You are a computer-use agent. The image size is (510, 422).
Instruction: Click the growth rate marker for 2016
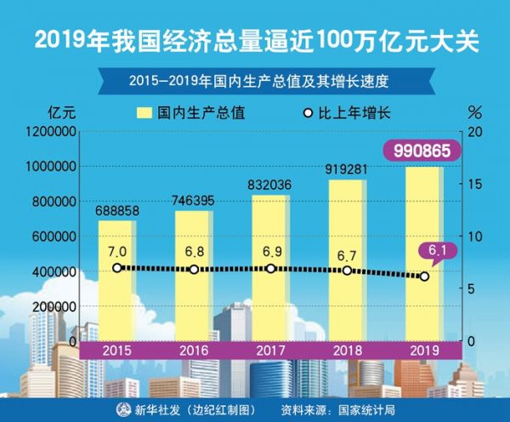(194, 269)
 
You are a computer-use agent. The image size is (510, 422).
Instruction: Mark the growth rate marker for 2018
(347, 270)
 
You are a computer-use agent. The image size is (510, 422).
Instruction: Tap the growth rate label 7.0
(117, 251)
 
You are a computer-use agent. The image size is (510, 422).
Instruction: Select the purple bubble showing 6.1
(436, 250)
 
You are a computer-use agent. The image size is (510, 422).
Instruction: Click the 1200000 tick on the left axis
(52, 132)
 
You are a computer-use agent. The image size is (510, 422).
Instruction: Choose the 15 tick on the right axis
(476, 184)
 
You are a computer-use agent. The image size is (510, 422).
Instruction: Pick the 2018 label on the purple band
(348, 350)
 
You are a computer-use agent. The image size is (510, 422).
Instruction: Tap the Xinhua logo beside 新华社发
(123, 409)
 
